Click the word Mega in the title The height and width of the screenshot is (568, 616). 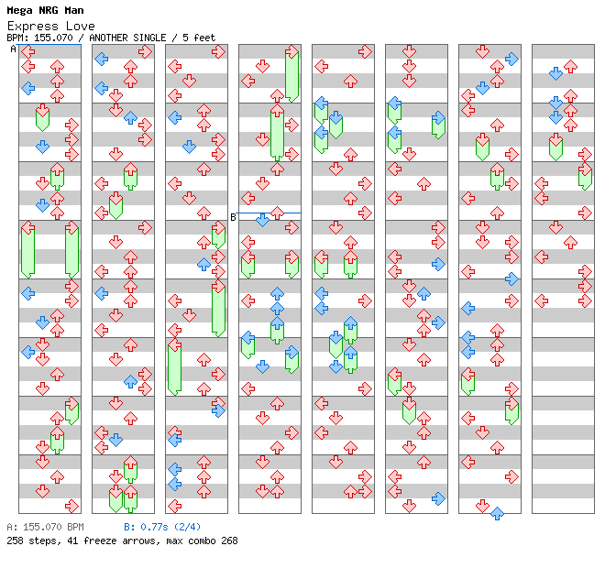pyautogui.click(x=21, y=11)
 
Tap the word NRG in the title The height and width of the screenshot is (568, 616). pyautogui.click(x=50, y=11)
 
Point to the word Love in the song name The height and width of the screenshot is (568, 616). pyautogui.click(x=81, y=26)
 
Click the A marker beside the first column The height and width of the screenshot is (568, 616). pyautogui.click(x=14, y=49)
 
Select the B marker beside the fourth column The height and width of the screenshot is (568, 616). pyautogui.click(x=233, y=217)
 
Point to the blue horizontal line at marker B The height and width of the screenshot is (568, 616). pyautogui.click(x=284, y=213)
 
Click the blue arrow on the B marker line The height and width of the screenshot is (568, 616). pyautogui.click(x=262, y=220)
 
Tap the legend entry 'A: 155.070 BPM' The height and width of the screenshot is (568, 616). pyautogui.click(x=45, y=528)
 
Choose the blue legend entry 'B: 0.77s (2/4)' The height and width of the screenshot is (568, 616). pyautogui.click(x=162, y=528)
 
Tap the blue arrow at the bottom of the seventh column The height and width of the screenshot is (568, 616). pyautogui.click(x=497, y=513)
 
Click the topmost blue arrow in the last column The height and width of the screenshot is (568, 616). pyautogui.click(x=555, y=73)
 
